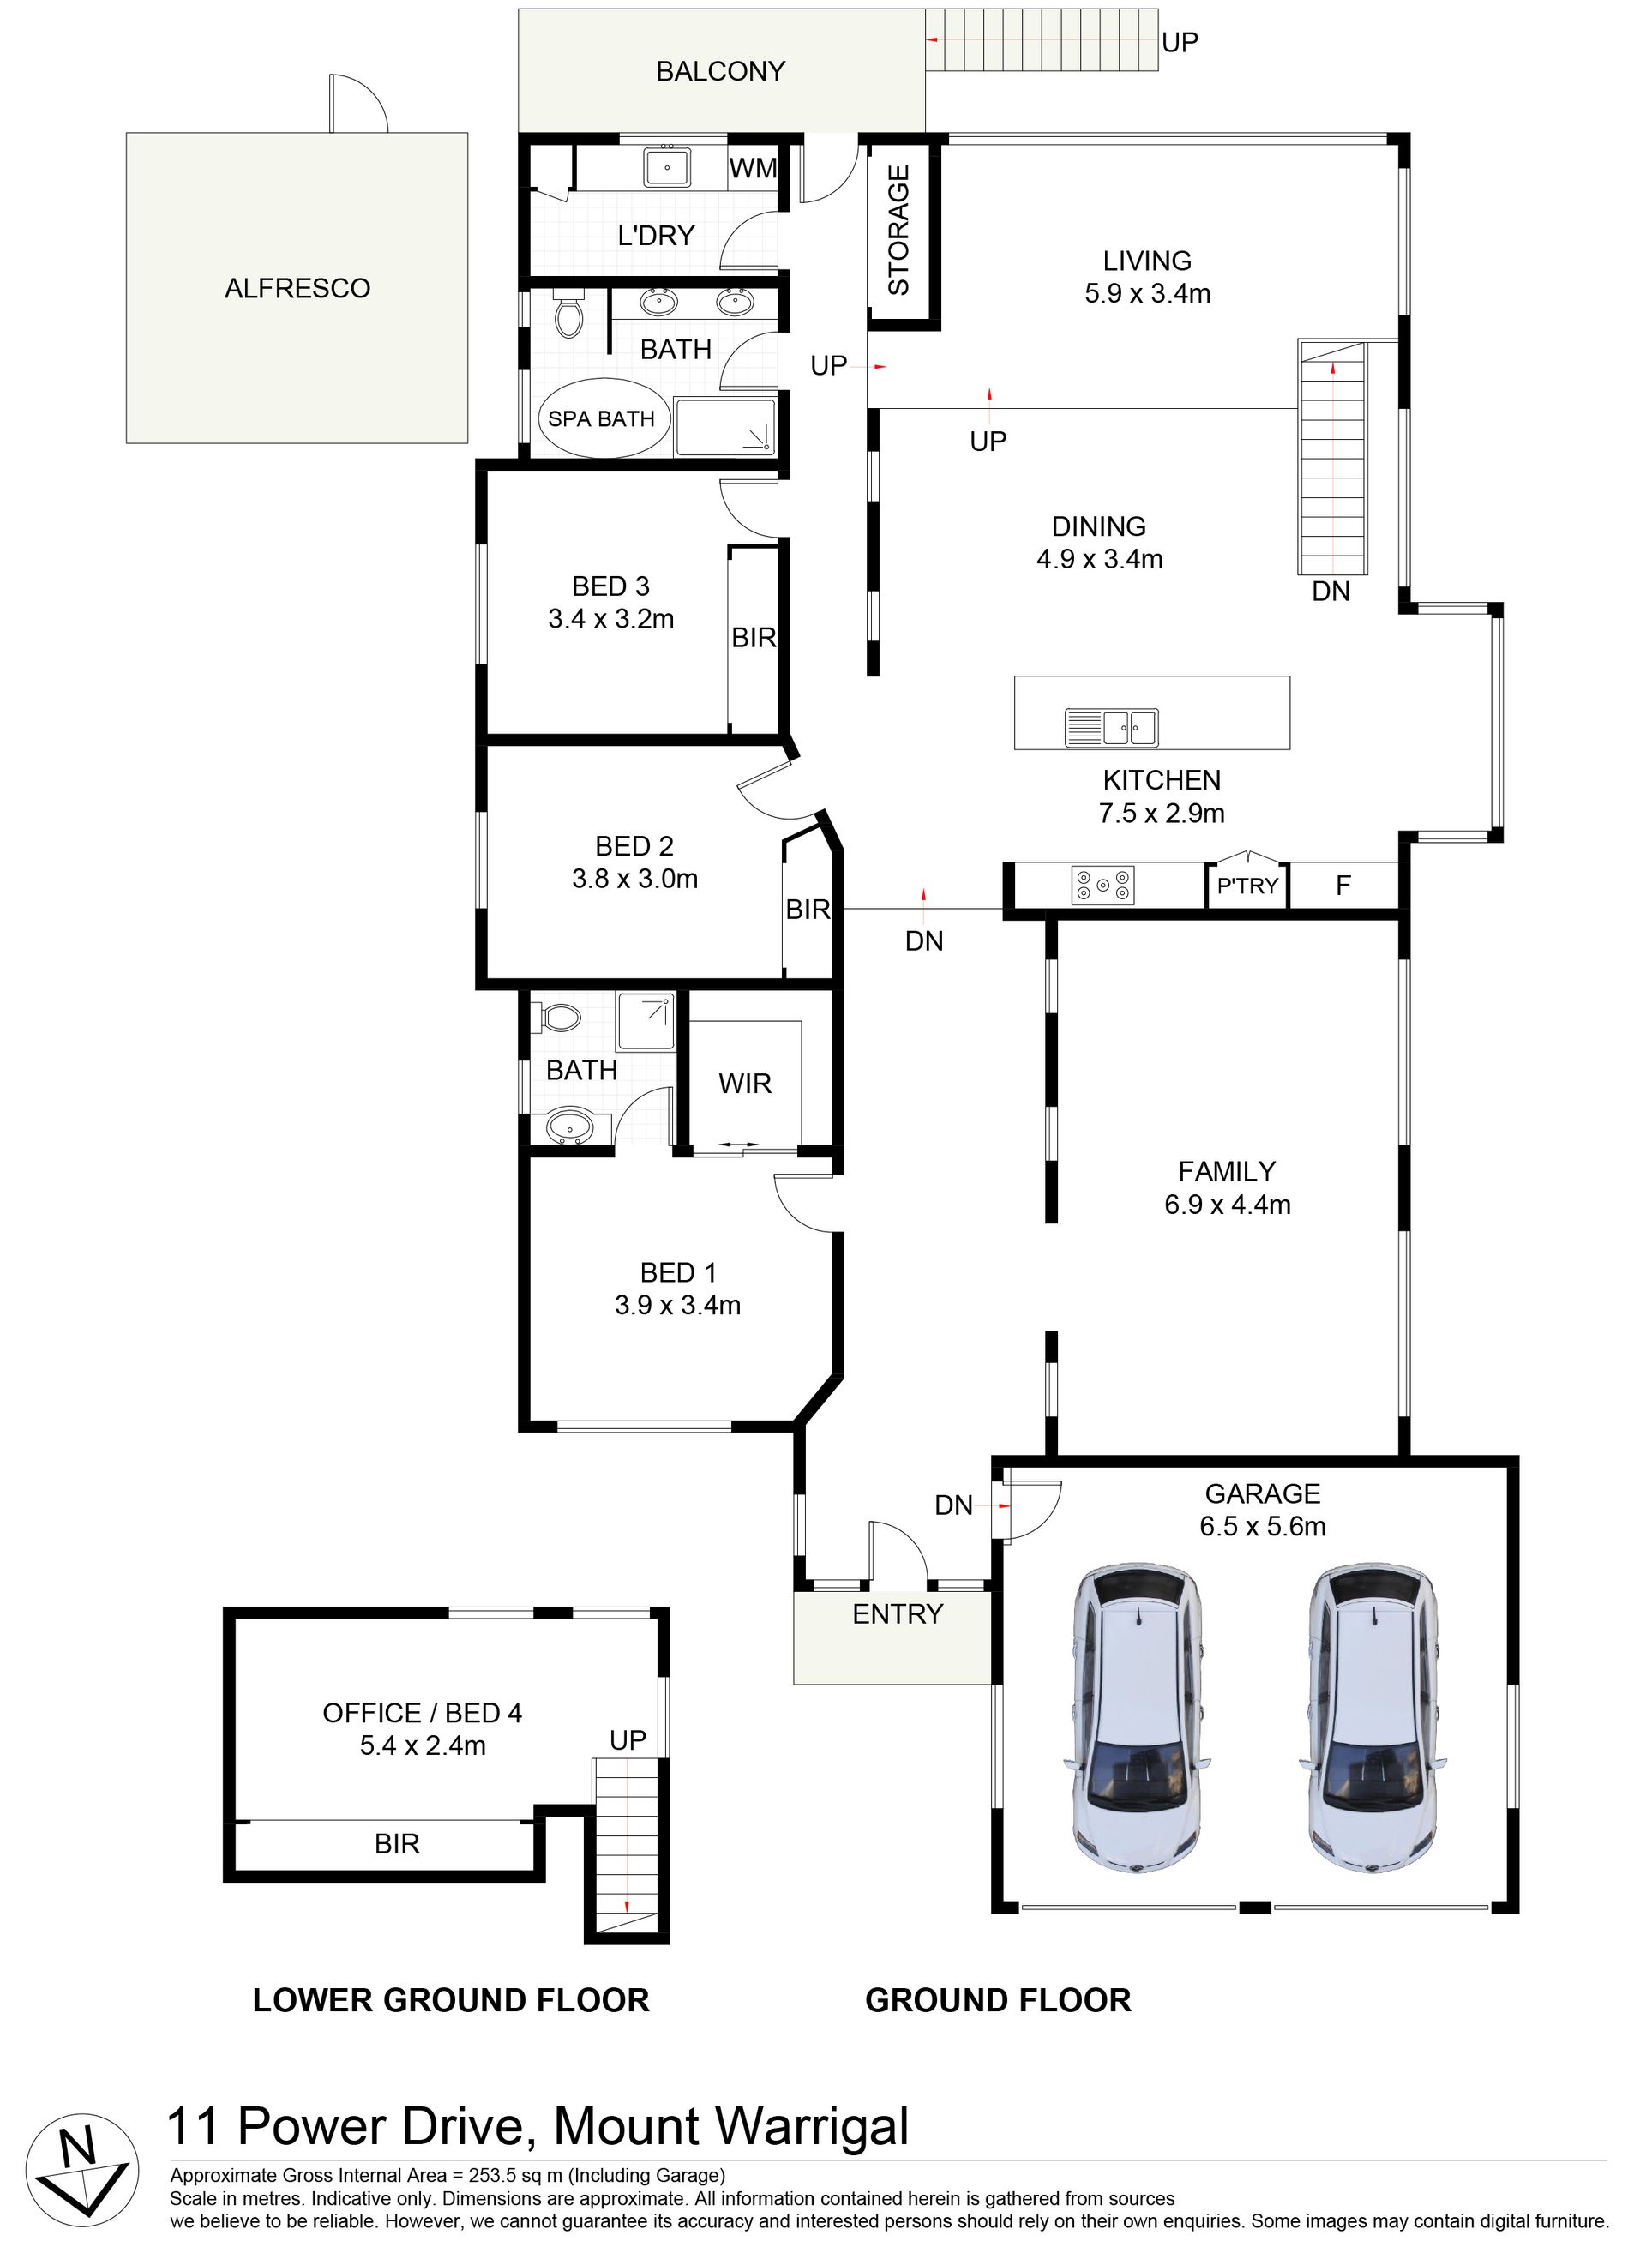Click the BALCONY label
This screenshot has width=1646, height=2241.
720,71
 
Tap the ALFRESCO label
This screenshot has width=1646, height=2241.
297,288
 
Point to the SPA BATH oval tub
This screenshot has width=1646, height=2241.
602,418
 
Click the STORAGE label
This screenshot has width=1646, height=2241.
898,230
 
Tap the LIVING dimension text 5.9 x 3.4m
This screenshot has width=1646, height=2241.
1148,294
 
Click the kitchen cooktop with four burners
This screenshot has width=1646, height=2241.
1103,885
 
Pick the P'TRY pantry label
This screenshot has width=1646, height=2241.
1247,886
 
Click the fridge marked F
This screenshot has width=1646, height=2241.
1343,885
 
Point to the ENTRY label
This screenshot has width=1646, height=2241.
898,1614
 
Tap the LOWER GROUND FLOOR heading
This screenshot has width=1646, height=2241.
451,2000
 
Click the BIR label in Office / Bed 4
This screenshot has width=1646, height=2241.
397,1844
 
